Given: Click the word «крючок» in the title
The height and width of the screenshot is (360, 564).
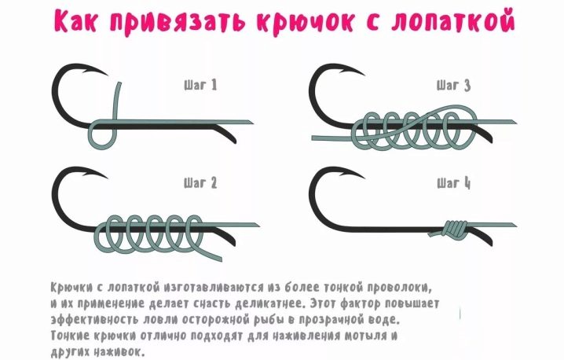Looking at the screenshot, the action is tap(307, 21).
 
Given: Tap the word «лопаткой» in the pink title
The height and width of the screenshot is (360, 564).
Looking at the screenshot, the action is tap(452, 20).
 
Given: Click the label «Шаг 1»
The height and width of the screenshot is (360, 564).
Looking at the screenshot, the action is tap(200, 86).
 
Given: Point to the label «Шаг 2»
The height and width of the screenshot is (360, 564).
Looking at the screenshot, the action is tap(200, 183).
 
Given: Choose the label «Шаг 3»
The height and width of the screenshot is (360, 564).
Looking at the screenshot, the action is tap(453, 86).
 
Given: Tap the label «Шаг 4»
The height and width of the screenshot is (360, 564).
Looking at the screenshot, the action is tap(453, 183).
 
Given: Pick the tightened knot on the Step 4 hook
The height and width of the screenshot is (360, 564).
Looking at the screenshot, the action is tap(454, 229).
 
